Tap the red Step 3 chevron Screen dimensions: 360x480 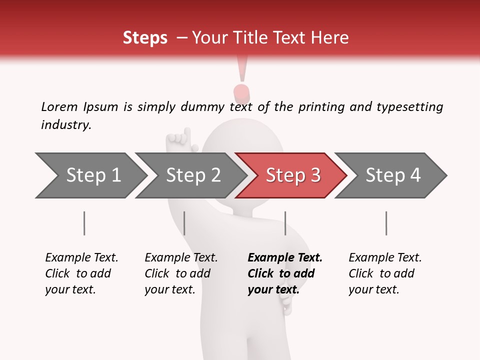coord(293,175)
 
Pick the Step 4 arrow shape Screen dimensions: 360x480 coord(393,175)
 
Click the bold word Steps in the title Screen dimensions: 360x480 coord(145,38)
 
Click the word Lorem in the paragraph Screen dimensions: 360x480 coord(59,106)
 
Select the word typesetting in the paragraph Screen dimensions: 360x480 coord(409,107)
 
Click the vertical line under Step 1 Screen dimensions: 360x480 coord(84,223)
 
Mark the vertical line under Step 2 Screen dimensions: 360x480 coord(184,223)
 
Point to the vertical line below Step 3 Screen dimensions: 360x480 coord(285,223)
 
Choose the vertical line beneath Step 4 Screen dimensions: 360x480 coord(386,223)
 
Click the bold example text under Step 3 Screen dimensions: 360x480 coord(285,273)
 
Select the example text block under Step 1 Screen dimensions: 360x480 coord(81,273)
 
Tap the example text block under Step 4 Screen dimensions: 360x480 coord(385,273)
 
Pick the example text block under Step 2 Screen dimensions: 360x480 coord(181,273)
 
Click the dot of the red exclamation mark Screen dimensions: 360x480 coord(242,92)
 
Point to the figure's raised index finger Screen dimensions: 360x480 coord(187,134)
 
